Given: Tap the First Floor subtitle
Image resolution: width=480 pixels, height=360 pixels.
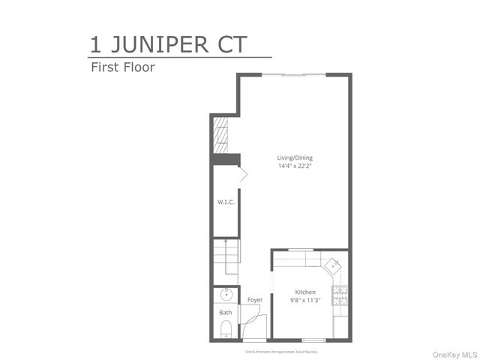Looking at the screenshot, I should coord(122,66).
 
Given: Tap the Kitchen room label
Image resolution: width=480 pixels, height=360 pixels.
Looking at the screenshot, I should coord(304,292).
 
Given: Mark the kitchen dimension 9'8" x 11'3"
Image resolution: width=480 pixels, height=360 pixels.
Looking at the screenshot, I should coord(304,300).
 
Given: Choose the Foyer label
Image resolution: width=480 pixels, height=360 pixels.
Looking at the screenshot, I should coord(255,300).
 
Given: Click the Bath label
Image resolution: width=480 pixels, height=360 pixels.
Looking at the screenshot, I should coord(225,312).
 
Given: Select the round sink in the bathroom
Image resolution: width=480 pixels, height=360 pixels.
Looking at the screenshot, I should coord(225,295).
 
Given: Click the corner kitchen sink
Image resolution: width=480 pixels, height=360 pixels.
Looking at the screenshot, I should coord(333,264).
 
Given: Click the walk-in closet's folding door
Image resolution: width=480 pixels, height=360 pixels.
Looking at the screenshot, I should coord(241,175).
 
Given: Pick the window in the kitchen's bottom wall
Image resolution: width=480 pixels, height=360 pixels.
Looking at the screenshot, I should coord(313,340).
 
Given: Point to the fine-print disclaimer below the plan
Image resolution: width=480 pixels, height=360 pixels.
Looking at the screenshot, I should coord(281,350).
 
